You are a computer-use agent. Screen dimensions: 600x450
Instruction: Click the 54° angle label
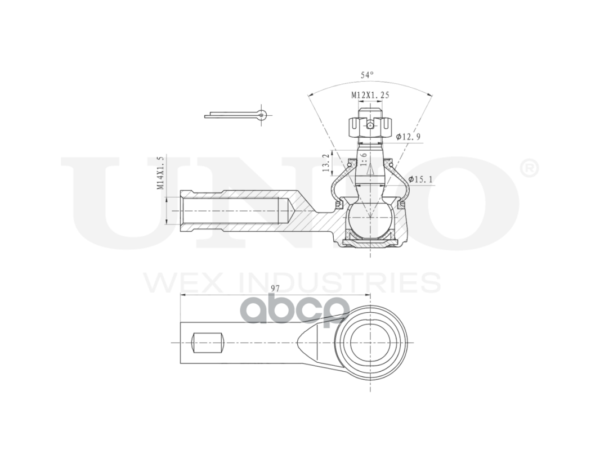tap(366, 75)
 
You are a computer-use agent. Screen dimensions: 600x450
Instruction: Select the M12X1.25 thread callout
tap(370, 95)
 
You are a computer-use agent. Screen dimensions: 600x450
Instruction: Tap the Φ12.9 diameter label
tap(409, 137)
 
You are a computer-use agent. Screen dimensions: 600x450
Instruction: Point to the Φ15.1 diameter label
tap(420, 179)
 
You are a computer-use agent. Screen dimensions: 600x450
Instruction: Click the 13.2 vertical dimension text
tap(326, 163)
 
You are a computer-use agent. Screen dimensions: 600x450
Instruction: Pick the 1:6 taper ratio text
tap(363, 160)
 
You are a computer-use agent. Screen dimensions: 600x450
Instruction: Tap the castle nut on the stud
tap(370, 128)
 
